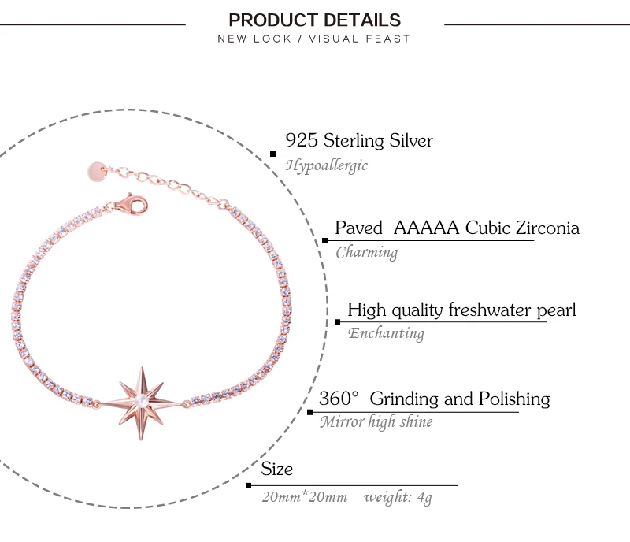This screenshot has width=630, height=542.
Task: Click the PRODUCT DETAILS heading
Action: coord(314,20)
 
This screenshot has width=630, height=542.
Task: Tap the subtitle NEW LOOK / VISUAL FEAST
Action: coord(313,39)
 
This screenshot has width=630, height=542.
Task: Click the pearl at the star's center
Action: coord(141,400)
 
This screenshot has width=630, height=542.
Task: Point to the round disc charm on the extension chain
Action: coord(96,172)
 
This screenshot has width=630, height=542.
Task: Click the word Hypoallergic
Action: coord(326,165)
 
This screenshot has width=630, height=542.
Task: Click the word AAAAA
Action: coord(426,228)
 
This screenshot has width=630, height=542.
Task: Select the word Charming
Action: coord(366,253)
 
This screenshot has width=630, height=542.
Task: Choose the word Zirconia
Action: coord(547,228)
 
